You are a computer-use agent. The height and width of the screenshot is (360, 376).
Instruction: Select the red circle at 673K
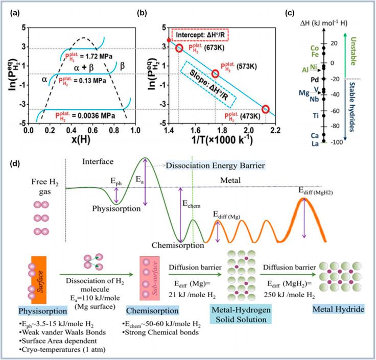point(179,48)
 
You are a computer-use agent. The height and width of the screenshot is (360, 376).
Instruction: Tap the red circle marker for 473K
point(265,109)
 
